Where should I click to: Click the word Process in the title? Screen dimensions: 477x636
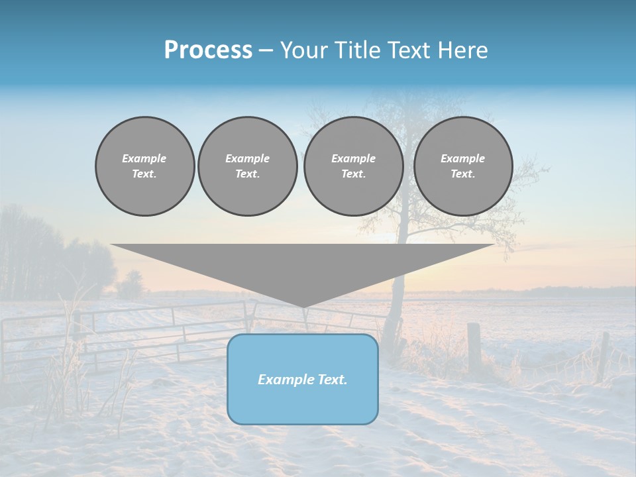pyautogui.click(x=208, y=50)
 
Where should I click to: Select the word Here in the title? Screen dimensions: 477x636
pyautogui.click(x=464, y=50)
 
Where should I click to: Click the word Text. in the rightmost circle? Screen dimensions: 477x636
pyautogui.click(x=462, y=174)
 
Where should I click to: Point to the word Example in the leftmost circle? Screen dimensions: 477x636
pyautogui.click(x=144, y=158)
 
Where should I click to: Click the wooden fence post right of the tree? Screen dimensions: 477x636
pyautogui.click(x=474, y=348)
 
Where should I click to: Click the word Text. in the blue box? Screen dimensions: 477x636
pyautogui.click(x=331, y=380)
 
